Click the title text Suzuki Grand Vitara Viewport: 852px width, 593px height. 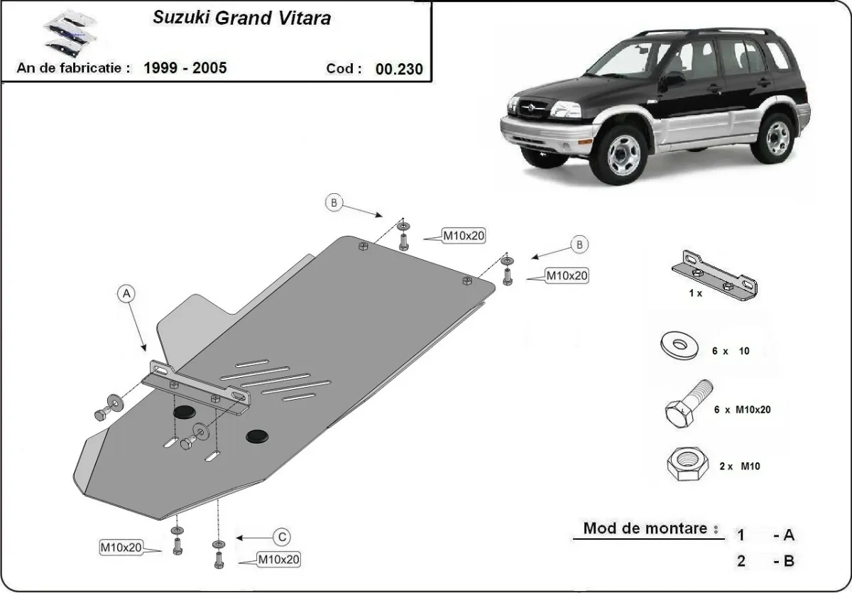tap(241, 18)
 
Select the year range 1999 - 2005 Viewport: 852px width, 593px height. tap(185, 68)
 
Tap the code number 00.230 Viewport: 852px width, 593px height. tap(399, 69)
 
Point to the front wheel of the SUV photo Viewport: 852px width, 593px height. tap(623, 155)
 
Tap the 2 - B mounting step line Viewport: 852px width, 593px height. tap(765, 561)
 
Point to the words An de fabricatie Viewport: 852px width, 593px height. tap(73, 68)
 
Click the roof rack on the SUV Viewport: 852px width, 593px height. tap(703, 32)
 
